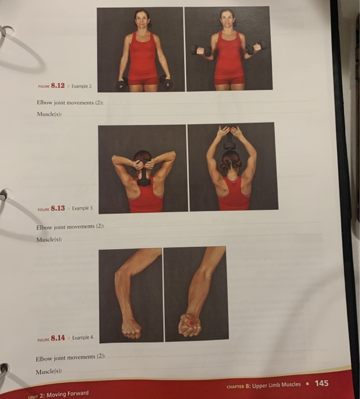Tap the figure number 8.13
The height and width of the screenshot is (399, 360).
pos(58,209)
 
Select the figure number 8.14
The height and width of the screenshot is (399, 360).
pos(58,338)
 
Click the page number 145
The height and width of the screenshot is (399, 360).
pos(322,384)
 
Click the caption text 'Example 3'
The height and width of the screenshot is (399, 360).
pos(83,209)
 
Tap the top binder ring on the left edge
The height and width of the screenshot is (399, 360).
pos(6,31)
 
